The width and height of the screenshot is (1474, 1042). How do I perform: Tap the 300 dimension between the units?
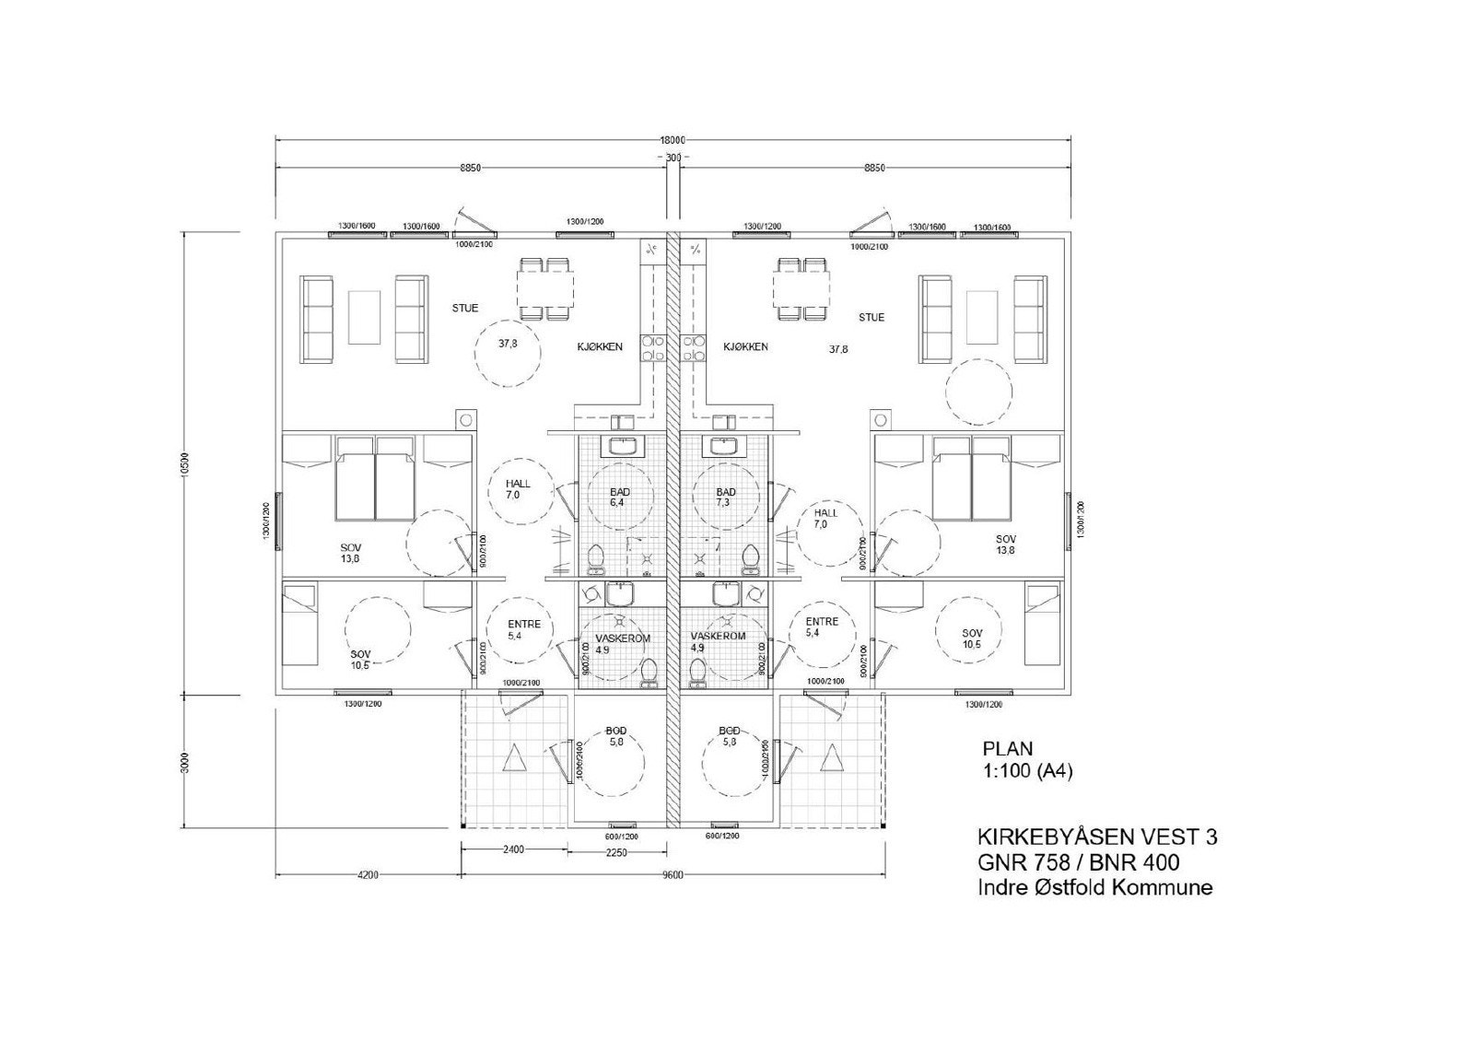tap(673, 158)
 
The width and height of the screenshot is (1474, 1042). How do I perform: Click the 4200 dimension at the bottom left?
tap(367, 875)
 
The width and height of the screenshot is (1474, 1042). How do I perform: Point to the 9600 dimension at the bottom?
tap(673, 875)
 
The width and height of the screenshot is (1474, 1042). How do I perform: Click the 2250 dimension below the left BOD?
tap(616, 852)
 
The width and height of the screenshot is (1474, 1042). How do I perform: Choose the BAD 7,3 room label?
tap(726, 498)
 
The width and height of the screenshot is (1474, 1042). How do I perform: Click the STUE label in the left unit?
tap(465, 308)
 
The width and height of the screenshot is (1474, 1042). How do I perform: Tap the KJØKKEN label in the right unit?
tap(746, 347)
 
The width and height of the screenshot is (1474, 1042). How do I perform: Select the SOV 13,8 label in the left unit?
tap(351, 553)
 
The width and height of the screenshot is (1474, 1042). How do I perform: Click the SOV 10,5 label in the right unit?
tap(972, 638)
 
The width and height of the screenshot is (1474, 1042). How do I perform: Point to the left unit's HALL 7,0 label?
tap(518, 489)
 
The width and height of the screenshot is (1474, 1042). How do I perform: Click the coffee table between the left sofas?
tap(364, 317)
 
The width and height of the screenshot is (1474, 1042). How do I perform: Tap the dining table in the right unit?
tap(800, 288)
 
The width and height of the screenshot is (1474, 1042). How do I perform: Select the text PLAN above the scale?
tap(1008, 749)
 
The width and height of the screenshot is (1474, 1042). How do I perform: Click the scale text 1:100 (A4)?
tap(1027, 773)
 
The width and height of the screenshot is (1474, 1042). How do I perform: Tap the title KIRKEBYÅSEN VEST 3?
tap(1096, 837)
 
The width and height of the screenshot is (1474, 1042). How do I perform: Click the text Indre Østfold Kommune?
tap(1094, 888)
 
